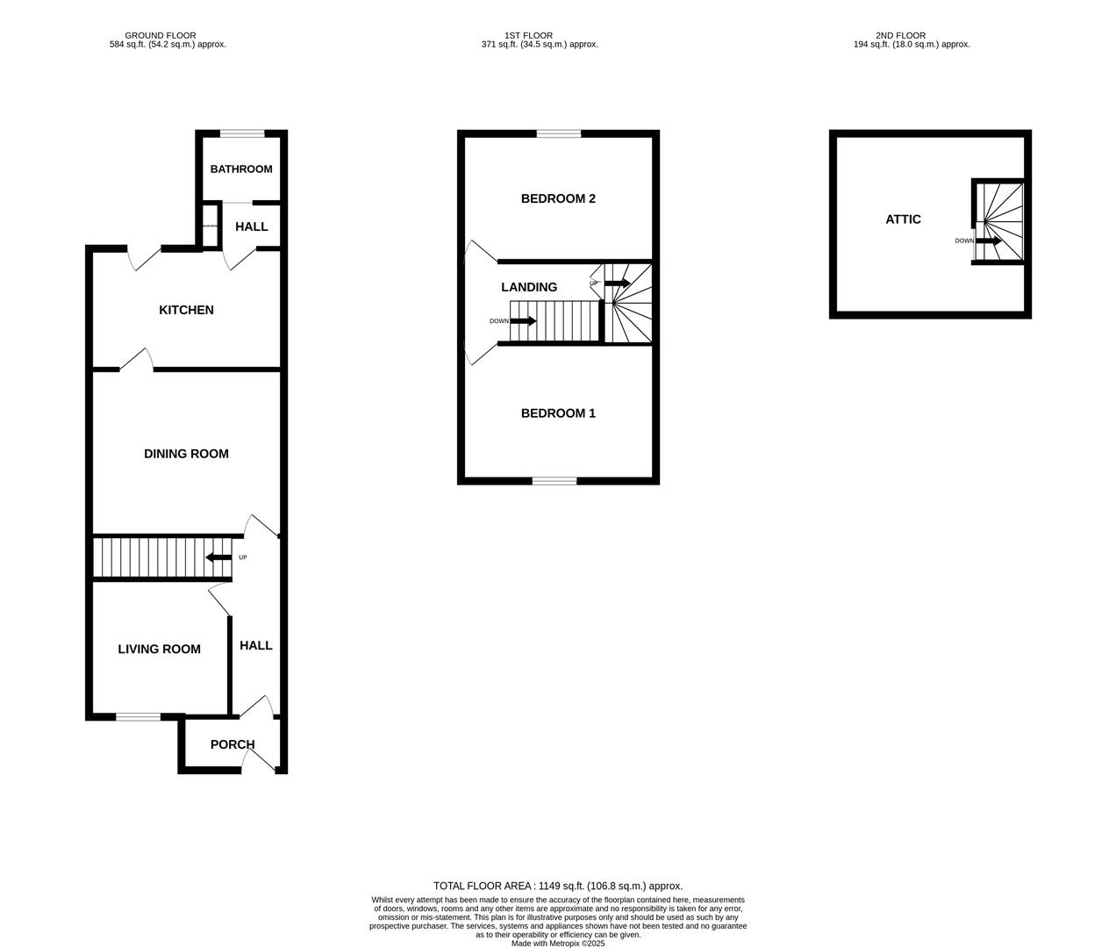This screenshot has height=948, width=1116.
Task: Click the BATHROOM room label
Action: [x=240, y=169]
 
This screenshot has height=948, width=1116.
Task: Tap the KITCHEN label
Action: [x=186, y=310]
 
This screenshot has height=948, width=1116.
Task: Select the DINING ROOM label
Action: [x=186, y=454]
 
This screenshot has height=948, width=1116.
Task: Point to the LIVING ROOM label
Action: [x=159, y=650]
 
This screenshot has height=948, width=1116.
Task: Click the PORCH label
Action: [x=232, y=744]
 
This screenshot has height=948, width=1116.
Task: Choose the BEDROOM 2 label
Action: [x=558, y=198]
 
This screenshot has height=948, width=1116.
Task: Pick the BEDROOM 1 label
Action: [x=558, y=413]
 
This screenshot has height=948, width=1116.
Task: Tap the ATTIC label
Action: [x=903, y=219]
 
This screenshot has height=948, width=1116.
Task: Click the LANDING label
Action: [x=529, y=287]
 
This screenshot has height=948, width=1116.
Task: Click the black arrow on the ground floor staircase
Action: [x=218, y=557]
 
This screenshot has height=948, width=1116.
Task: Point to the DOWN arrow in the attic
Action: [x=989, y=241]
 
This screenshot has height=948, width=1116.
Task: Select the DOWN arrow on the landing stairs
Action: [x=523, y=321]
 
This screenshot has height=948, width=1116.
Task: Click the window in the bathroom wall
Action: [x=242, y=134]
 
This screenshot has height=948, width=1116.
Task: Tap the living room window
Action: [x=139, y=717]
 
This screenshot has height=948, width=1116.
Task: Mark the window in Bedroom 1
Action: [x=554, y=481]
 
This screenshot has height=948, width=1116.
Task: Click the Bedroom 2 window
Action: [x=559, y=134]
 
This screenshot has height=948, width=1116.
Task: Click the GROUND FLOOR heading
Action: [x=161, y=36]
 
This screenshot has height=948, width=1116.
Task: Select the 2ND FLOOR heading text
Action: [x=900, y=36]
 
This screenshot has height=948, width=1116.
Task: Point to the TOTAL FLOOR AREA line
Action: [x=558, y=886]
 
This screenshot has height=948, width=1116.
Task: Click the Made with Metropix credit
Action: [x=558, y=944]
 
